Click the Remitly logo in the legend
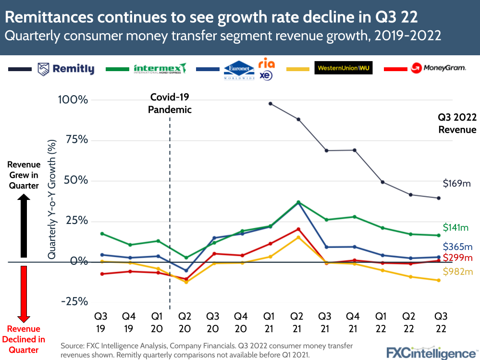coord(65,69)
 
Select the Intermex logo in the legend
coord(160,69)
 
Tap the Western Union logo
coord(343,68)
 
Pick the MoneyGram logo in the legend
coord(438,68)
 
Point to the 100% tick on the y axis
coord(73,100)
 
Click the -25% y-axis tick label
coord(73,301)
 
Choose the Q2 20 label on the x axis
coord(185,323)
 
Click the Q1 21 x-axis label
coord(270,323)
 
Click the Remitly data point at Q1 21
coord(271,103)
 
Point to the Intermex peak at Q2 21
coord(298,202)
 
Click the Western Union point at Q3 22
coord(438,280)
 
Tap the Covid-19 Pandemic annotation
coord(170,103)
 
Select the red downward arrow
coord(23,293)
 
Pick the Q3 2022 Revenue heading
coord(457,123)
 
